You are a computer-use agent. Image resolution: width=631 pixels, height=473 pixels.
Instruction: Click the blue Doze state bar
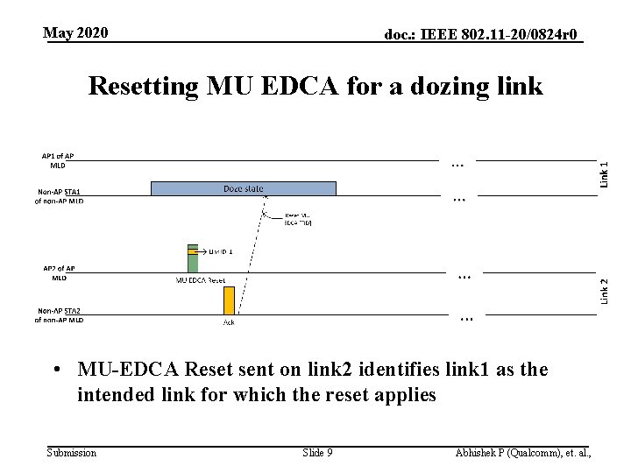pos(243,188)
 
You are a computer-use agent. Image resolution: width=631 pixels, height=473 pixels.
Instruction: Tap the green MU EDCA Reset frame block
pos(193,259)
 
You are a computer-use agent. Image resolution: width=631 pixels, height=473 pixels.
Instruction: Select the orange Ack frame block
pos(229,300)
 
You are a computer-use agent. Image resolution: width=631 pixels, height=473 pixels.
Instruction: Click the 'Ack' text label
pos(228,321)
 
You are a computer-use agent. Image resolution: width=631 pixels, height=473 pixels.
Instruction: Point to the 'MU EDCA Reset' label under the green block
pos(201,280)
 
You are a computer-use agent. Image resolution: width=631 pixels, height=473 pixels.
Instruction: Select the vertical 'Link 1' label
pos(605,166)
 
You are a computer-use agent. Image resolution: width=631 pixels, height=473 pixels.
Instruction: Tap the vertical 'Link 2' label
pos(605,291)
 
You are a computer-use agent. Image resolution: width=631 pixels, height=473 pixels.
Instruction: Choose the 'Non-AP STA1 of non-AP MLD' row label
pos(59,196)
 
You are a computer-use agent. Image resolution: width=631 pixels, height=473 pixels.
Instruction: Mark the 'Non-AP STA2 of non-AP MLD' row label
pos(59,315)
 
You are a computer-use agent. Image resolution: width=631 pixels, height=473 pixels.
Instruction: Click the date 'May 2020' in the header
pos(76,33)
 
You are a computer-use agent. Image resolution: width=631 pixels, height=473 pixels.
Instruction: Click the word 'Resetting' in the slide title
pos(144,87)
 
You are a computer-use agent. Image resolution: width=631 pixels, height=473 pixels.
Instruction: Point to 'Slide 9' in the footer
pos(317,453)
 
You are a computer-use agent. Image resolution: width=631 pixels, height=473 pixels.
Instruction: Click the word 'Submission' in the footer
pos(72,453)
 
